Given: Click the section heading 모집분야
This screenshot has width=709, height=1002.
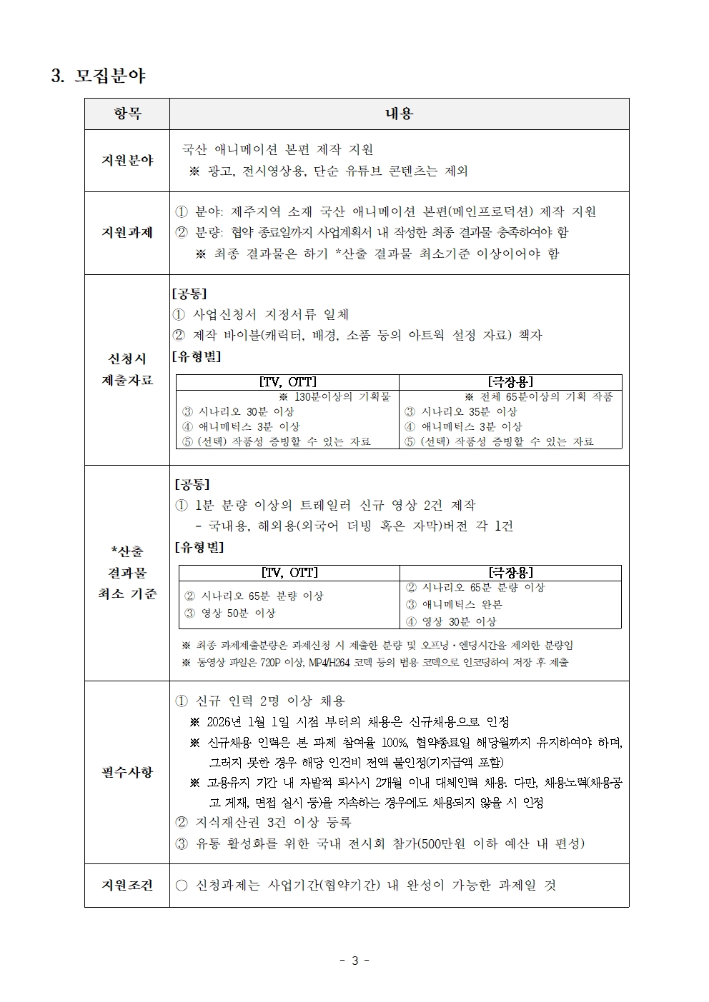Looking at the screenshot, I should tap(110, 75).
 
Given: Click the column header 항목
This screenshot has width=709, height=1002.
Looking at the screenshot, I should tap(127, 114).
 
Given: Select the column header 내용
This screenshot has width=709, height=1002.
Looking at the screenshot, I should tap(399, 114).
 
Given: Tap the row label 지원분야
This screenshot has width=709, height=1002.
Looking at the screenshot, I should tap(127, 160).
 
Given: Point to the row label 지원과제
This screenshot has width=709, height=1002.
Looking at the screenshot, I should tap(127, 232).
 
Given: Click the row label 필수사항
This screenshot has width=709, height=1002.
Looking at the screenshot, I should tap(127, 771).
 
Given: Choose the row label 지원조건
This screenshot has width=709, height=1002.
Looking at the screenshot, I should tap(127, 885).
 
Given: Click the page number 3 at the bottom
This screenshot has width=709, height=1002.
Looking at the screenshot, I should tap(354, 961).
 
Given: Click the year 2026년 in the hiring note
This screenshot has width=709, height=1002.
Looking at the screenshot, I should tap(224, 722).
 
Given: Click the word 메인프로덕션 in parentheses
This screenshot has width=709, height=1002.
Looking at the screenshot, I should tap(489, 211).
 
